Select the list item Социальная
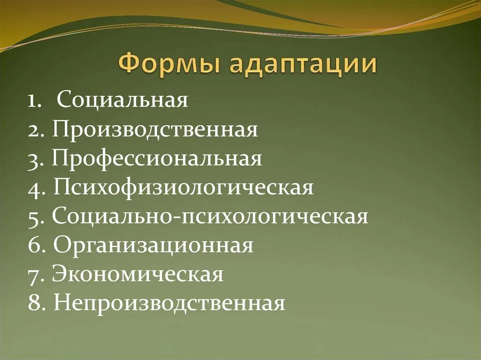click(123, 100)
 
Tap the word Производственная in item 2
click(155, 130)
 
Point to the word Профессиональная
click(157, 159)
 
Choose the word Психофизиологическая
click(183, 188)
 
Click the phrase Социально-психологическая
click(210, 217)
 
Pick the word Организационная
click(153, 245)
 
